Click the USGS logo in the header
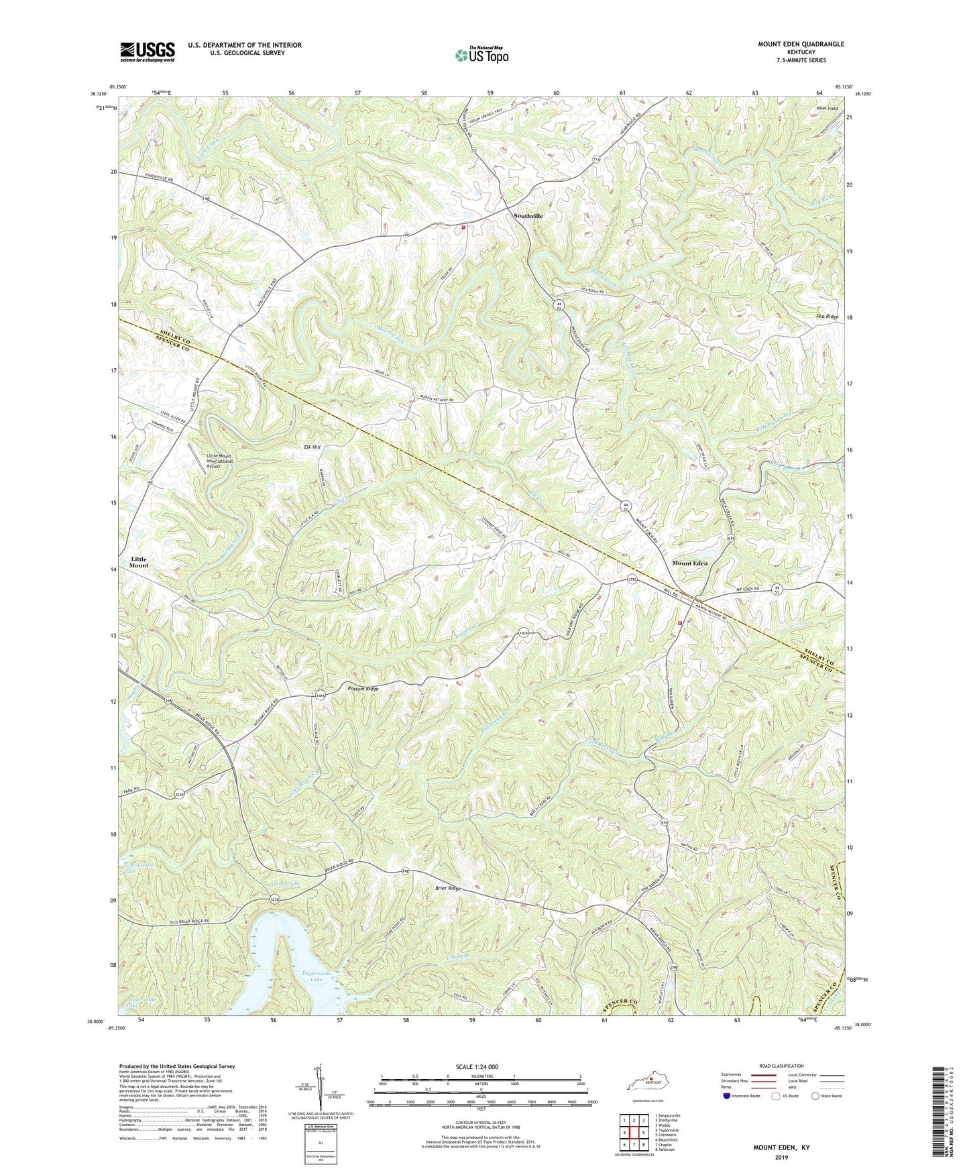coord(147,52)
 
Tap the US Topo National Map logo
coord(480,56)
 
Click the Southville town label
coord(528,216)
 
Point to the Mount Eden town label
coord(689,563)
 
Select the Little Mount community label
coord(139,562)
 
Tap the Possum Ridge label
coord(363,689)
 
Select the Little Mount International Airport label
coord(219,461)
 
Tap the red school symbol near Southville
coord(463,227)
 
